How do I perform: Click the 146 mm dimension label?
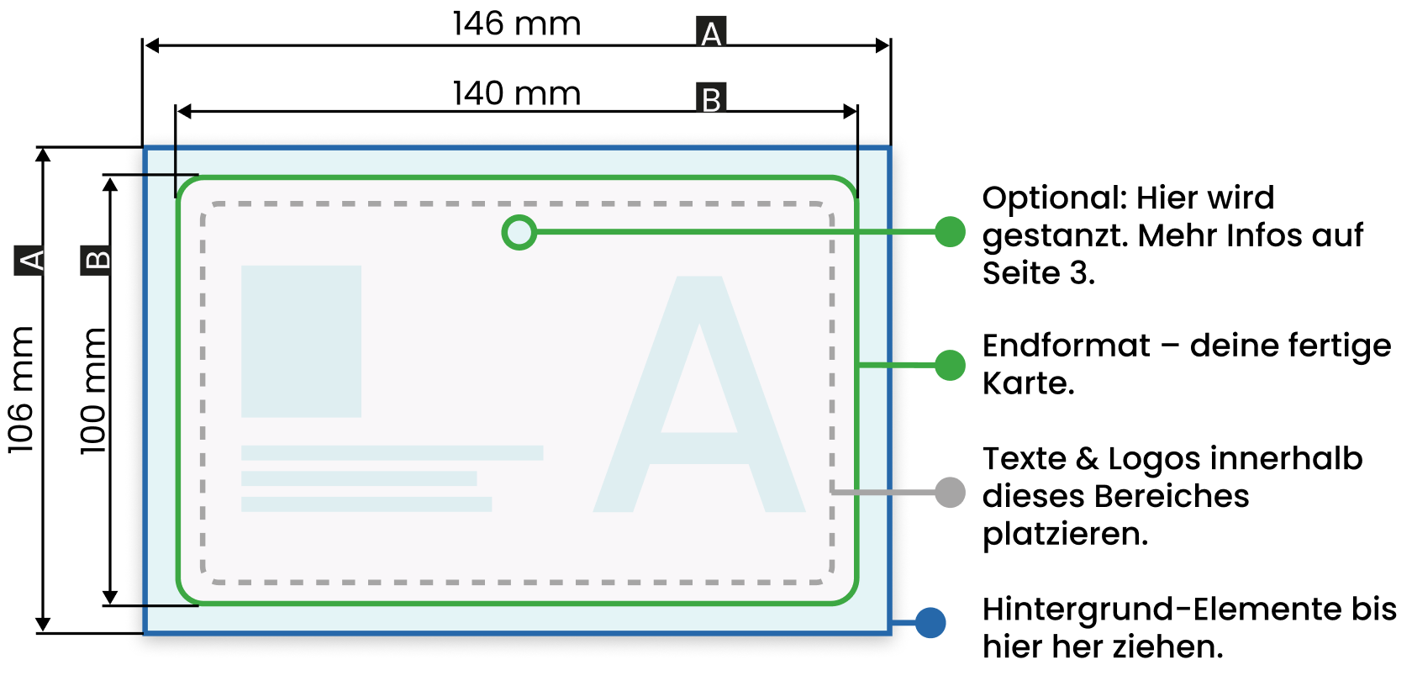516,24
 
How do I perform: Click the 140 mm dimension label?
516,93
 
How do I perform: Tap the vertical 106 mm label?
21,390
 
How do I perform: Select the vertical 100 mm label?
92,391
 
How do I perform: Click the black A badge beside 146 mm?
711,32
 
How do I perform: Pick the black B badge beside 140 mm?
711,98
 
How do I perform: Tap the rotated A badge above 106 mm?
29,261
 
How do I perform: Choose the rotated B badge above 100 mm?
95,261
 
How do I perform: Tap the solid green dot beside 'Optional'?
950,232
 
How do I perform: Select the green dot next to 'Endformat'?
950,365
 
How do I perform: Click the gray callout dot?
950,493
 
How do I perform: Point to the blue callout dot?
930,623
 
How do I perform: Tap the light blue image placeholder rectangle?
301,341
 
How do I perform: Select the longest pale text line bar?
392,452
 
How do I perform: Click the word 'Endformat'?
1066,346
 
